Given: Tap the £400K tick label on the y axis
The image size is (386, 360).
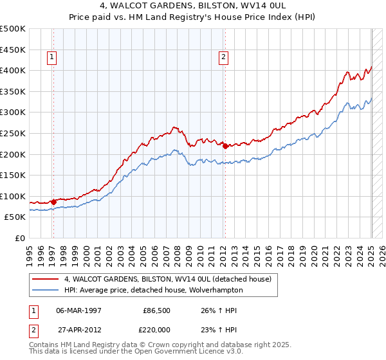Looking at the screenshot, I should pos(13,69).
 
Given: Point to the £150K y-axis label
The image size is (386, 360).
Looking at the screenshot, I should pos(13,175).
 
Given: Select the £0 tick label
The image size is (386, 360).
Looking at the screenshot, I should pos(21,238).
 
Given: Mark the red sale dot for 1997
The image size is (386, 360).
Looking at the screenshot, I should pos(53,202).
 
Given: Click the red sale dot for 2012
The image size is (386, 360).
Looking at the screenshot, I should pos(226,146).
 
